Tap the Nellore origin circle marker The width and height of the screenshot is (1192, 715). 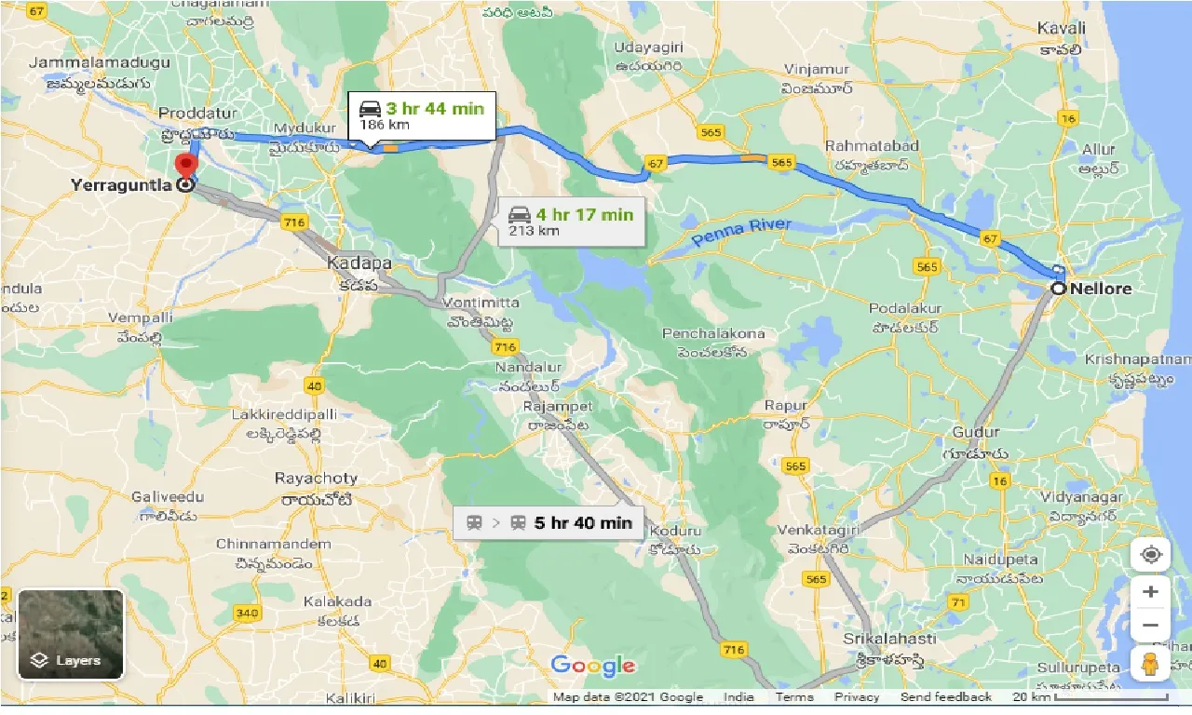tap(1059, 289)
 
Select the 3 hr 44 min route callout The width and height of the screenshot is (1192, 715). tap(422, 116)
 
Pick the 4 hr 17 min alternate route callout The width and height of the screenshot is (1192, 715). tap(570, 222)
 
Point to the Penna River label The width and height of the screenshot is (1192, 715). tap(742, 233)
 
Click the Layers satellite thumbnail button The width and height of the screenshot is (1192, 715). tap(71, 634)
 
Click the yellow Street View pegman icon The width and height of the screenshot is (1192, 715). tap(1150, 664)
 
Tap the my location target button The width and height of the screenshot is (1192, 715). tap(1150, 556)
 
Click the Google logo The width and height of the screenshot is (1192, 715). tap(593, 665)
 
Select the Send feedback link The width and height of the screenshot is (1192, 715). tap(946, 697)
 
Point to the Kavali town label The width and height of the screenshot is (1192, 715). tap(1061, 29)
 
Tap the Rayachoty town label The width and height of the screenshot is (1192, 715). tap(316, 479)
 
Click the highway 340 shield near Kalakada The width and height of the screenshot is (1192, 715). tap(247, 613)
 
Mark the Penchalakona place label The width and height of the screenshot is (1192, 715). tap(713, 333)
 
